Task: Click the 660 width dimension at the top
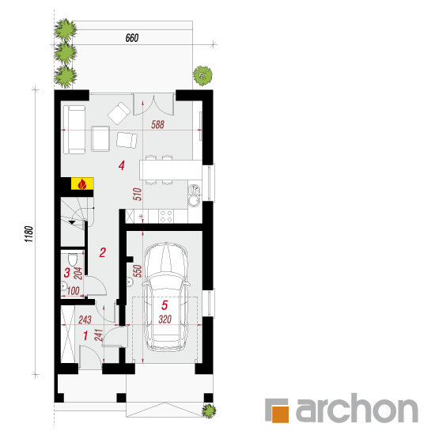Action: tap(132, 38)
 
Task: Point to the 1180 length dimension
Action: tap(28, 234)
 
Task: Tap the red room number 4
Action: tap(121, 165)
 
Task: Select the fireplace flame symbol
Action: tap(81, 184)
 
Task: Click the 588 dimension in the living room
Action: tap(157, 124)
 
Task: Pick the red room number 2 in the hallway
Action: tap(102, 252)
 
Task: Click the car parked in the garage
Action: tap(166, 297)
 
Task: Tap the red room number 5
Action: tap(165, 305)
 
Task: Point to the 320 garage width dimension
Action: tap(165, 320)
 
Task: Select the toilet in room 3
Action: tap(73, 259)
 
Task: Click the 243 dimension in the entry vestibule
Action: tap(85, 320)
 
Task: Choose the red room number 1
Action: tap(85, 335)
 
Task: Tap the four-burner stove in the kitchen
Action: tap(166, 217)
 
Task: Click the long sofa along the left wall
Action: tap(74, 129)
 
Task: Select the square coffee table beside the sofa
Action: tap(100, 138)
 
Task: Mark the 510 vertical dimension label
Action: tap(138, 195)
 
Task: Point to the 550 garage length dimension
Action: tap(138, 271)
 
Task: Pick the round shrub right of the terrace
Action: tap(202, 75)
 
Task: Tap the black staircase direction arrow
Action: tap(72, 222)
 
